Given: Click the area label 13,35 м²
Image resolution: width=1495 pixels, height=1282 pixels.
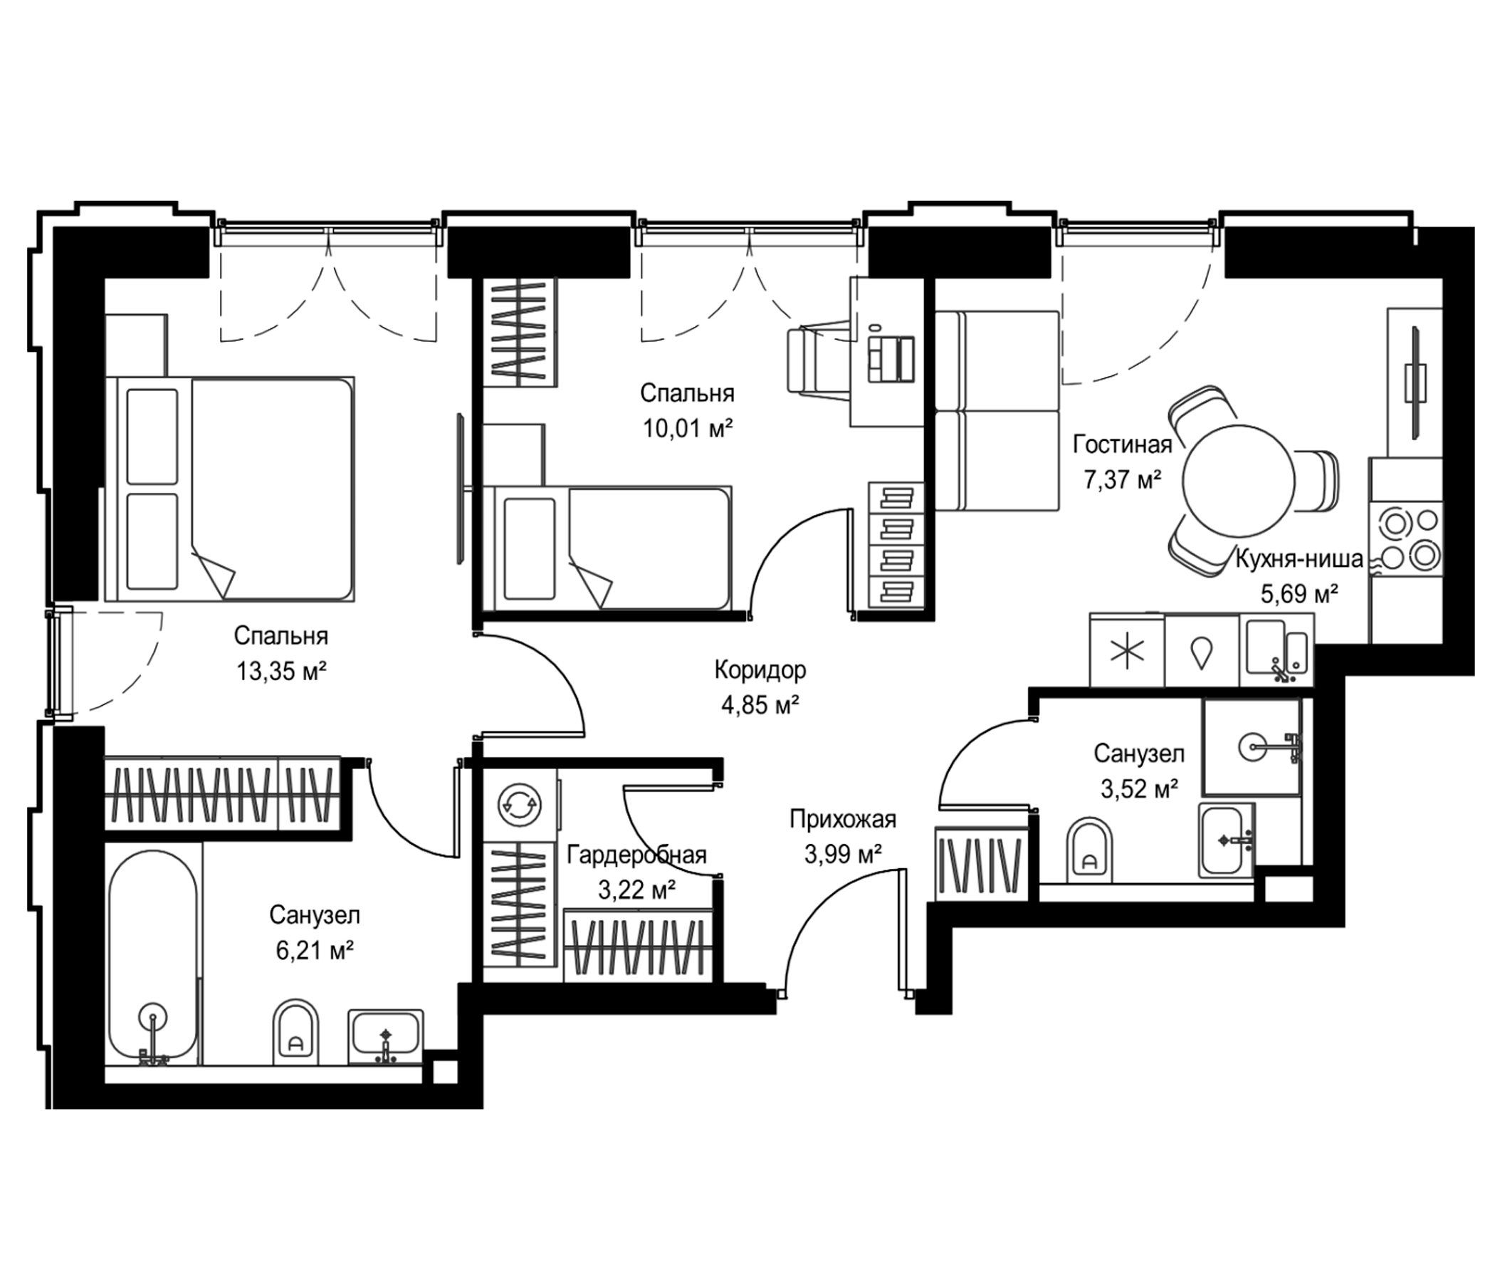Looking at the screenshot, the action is (282, 672).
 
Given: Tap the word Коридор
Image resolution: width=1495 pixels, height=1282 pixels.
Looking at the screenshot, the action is (760, 671).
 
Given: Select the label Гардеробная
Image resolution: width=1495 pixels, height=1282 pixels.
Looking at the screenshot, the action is (636, 855).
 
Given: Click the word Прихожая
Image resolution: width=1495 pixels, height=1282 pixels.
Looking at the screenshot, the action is (843, 820).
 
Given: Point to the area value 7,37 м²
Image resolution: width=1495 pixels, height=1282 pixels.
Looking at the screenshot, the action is (1122, 479).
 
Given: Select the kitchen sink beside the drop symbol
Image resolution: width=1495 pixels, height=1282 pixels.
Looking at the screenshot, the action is (1276, 650).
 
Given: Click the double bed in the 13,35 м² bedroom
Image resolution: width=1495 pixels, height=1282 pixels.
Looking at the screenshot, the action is (230, 489).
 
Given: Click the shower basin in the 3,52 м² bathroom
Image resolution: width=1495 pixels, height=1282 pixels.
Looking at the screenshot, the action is (1251, 746).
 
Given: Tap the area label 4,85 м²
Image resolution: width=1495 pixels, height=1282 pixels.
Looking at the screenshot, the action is (760, 705).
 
